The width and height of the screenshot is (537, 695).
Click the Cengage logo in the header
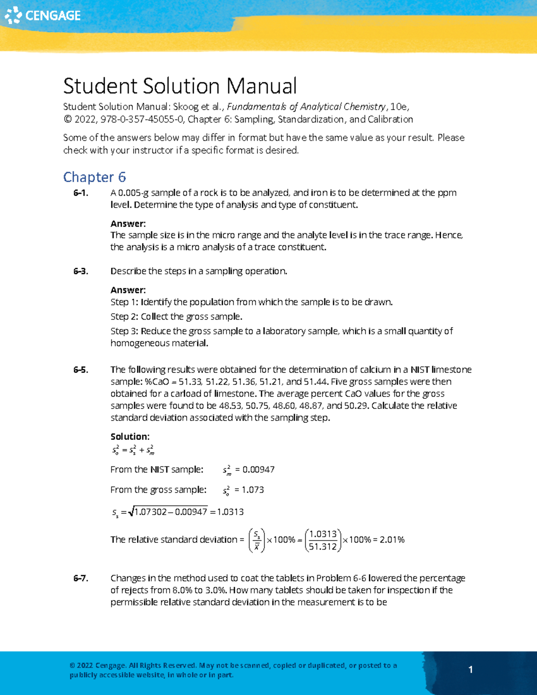pyautogui.click(x=43, y=15)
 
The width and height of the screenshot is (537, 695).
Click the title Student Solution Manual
pyautogui.click(x=180, y=86)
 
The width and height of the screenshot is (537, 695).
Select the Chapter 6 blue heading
pyautogui.click(x=94, y=177)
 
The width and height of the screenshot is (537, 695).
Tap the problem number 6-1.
pyautogui.click(x=81, y=193)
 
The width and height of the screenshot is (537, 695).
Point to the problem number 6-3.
pyautogui.click(x=81, y=271)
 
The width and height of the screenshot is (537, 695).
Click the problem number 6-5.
pyautogui.click(x=81, y=370)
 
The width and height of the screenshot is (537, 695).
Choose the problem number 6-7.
pyautogui.click(x=81, y=578)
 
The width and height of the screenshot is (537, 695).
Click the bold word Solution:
pyautogui.click(x=130, y=436)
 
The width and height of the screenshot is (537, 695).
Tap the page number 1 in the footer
pyautogui.click(x=470, y=669)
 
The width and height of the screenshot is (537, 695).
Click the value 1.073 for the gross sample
pyautogui.click(x=252, y=490)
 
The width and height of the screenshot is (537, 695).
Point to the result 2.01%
pyautogui.click(x=392, y=540)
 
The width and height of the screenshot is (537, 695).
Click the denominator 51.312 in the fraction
pyautogui.click(x=323, y=546)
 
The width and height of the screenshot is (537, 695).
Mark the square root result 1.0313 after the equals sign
pyautogui.click(x=230, y=512)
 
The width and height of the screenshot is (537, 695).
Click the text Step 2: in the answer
pyautogui.click(x=124, y=317)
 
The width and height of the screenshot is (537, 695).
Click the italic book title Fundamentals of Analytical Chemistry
pyautogui.click(x=307, y=107)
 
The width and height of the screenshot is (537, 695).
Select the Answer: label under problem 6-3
pyautogui.click(x=128, y=290)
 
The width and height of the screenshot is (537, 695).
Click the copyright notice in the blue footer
pyautogui.click(x=233, y=670)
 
